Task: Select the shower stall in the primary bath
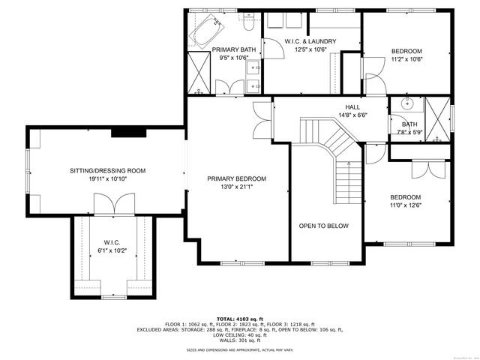tap(199, 73)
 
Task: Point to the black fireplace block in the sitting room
tap(122, 132)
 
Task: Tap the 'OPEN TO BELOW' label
tap(323, 226)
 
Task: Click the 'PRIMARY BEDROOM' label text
tap(236, 178)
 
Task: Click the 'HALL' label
tap(352, 107)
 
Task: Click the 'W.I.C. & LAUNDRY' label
tap(310, 41)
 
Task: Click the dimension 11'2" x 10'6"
tap(407, 59)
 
